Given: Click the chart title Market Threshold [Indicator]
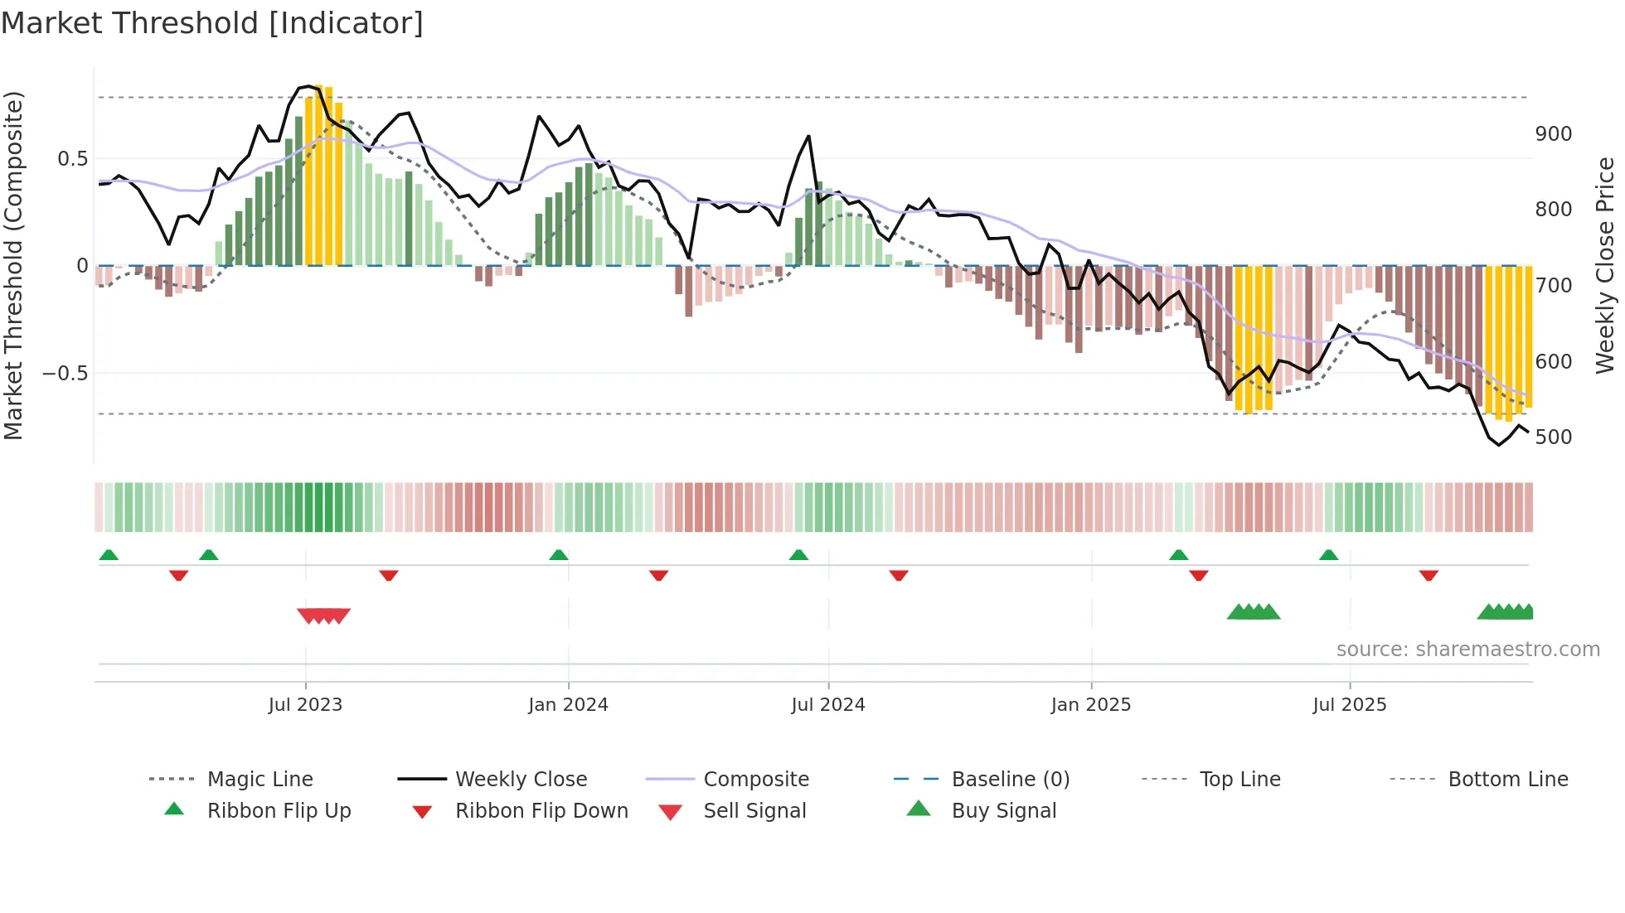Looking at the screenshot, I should click(x=212, y=23).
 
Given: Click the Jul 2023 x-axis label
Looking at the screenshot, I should click(x=305, y=705).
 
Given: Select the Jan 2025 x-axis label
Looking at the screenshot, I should click(x=1090, y=705).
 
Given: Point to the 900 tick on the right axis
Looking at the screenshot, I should click(x=1553, y=134).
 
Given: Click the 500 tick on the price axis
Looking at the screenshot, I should click(x=1553, y=437).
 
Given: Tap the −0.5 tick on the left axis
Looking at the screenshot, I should click(x=65, y=374).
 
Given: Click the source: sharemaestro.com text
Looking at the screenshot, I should click(x=1467, y=650).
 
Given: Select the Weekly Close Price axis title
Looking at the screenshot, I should click(x=1605, y=265).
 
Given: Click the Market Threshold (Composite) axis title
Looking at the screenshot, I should click(x=14, y=265).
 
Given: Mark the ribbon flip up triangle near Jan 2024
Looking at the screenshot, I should click(x=559, y=555).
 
